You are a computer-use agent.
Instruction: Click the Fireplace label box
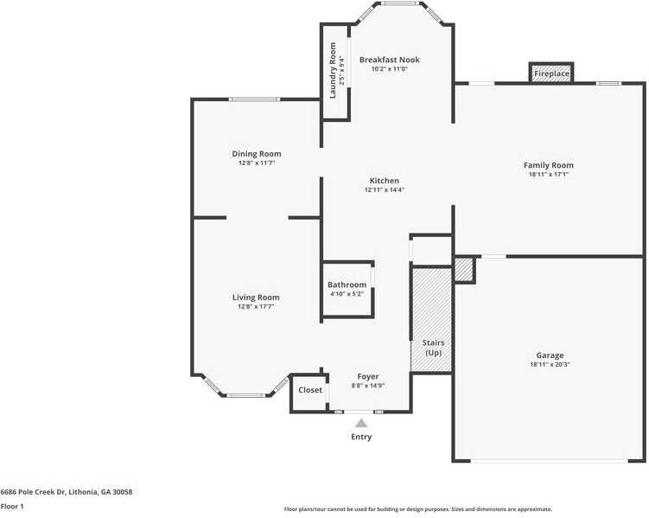tap(551, 74)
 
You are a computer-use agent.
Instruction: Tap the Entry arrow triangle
tap(361, 423)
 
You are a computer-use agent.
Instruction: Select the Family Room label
tap(548, 165)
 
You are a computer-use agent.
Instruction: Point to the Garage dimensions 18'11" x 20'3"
tap(550, 365)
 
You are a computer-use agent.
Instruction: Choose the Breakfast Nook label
tap(389, 60)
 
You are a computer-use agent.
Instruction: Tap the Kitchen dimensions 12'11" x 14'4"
tap(384, 190)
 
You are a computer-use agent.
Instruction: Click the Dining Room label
tap(256, 154)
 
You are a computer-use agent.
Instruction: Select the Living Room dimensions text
tap(256, 306)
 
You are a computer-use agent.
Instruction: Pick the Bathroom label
tap(347, 285)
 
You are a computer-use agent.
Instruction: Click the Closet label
tap(310, 390)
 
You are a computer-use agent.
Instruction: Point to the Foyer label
tap(368, 377)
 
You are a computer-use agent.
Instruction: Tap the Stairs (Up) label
tap(433, 348)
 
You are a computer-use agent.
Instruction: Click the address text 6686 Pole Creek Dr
tap(66, 491)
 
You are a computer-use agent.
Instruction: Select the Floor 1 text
tap(12, 506)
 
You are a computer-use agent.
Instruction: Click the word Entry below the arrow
tap(361, 437)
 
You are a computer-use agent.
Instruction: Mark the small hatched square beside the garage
tap(464, 269)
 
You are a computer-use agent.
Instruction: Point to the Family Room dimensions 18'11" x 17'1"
tap(548, 175)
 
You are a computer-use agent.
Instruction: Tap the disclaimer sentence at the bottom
tap(418, 509)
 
